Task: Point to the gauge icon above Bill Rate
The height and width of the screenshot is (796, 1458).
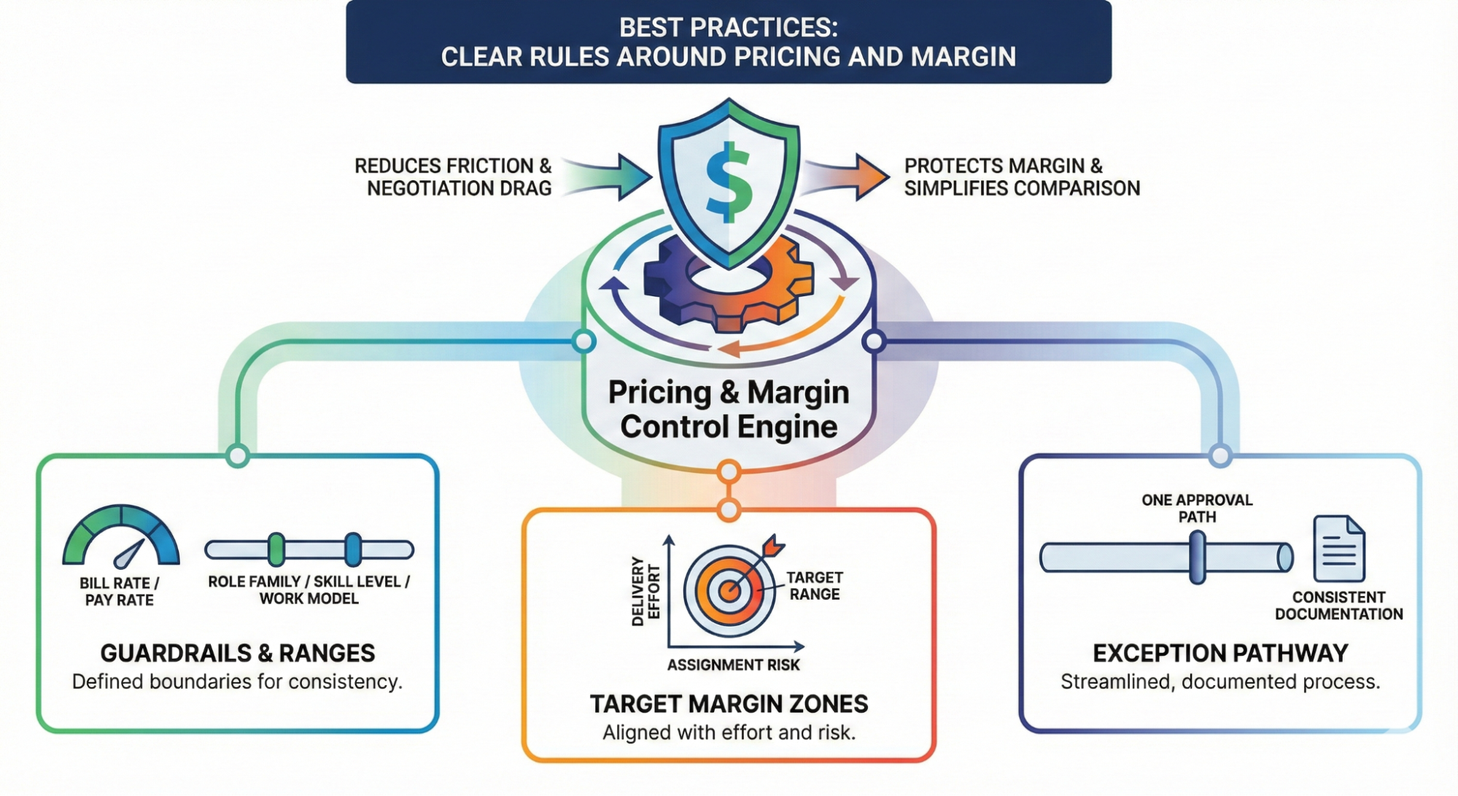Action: pos(121,537)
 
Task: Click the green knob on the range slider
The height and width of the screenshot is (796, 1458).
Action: pos(276,549)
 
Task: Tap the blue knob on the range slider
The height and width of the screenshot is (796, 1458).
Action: pos(353,549)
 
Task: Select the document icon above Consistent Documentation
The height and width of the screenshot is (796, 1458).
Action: pos(1338,549)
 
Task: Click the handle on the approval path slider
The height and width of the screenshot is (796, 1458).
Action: pos(1197,557)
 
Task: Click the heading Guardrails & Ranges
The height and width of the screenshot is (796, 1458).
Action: pos(238,653)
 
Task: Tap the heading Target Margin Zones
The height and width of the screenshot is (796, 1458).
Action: pos(729,704)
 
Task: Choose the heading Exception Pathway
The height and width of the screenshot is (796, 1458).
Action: pos(1220,653)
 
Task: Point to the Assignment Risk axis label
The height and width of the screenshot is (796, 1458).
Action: pos(733,665)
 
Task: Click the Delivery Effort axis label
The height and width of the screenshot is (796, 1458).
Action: pos(645,591)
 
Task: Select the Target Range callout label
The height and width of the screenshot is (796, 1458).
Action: pos(814,586)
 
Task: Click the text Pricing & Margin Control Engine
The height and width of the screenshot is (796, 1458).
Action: pos(729,409)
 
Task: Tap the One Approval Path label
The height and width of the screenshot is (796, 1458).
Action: pos(1197,508)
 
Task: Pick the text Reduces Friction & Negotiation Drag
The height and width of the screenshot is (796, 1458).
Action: pos(454,177)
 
